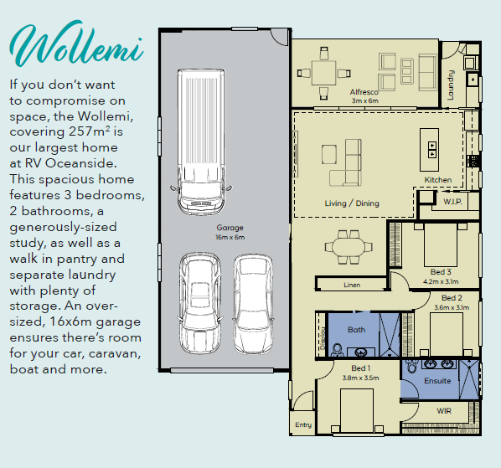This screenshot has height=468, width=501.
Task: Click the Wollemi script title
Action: point(77,44)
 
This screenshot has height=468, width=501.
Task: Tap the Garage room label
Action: point(230,228)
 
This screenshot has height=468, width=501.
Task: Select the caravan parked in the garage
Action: point(201,141)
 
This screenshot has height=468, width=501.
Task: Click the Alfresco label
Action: point(364,92)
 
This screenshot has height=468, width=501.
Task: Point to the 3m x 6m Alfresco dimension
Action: point(365,100)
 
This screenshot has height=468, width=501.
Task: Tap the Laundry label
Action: point(451,85)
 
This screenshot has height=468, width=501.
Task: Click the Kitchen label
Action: point(438,180)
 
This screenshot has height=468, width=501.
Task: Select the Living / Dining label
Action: point(352,203)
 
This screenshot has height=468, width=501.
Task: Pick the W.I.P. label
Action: point(452,202)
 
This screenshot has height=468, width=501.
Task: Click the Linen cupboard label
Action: point(352,285)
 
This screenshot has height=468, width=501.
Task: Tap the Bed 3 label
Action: point(441,272)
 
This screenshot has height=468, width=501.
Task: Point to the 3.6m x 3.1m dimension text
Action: point(452,308)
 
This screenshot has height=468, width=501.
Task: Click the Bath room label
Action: point(356,330)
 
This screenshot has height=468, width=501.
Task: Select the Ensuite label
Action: point(437,381)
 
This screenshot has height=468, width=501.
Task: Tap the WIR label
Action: point(444,411)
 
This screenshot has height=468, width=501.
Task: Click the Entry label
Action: point(303,425)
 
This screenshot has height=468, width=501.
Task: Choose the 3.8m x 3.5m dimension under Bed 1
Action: point(360,378)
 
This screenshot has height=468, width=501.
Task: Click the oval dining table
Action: point(349,247)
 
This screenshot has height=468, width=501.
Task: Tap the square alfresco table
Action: point(323,73)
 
